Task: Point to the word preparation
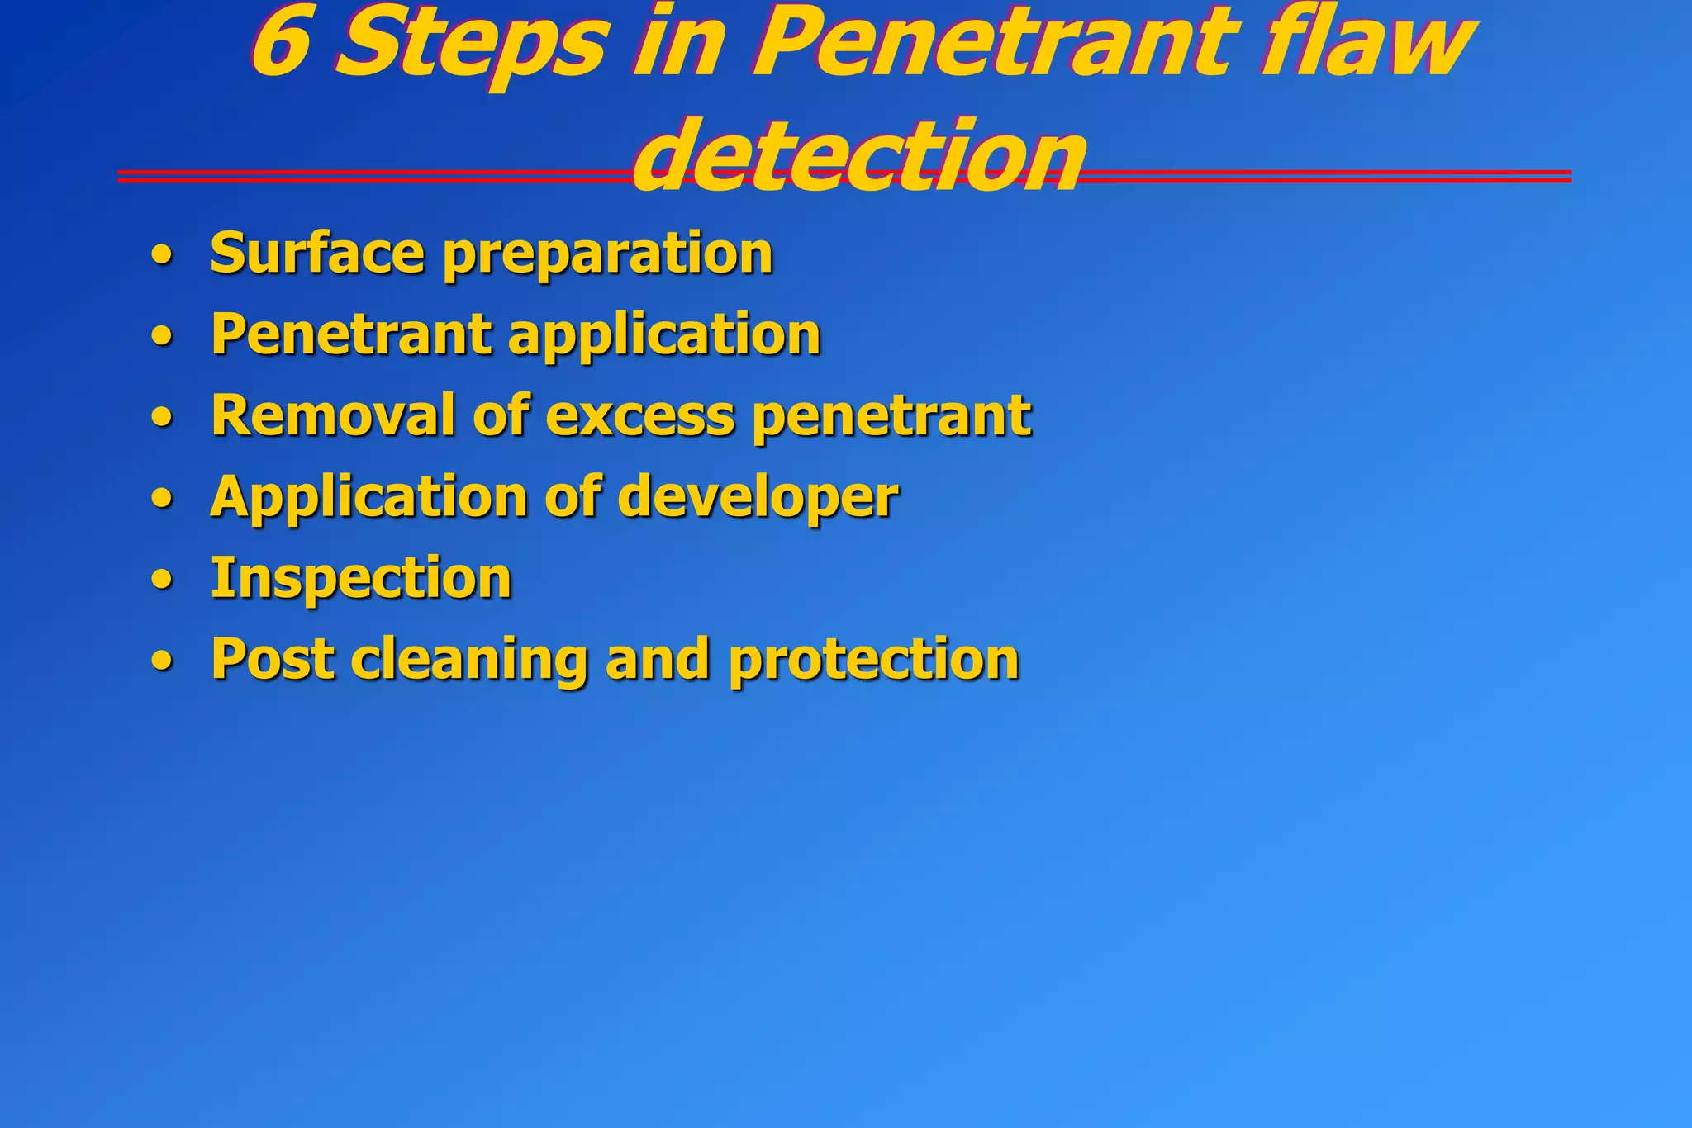(608, 256)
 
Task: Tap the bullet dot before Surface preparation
(163, 256)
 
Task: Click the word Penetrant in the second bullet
(352, 334)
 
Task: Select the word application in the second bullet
(665, 337)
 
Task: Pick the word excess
(639, 416)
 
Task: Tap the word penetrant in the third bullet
(892, 417)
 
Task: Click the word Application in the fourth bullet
(368, 498)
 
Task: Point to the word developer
(758, 498)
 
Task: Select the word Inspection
(361, 579)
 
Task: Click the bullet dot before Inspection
(163, 581)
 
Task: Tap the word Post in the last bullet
(273, 659)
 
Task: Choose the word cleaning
(468, 661)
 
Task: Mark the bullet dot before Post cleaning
(163, 661)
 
